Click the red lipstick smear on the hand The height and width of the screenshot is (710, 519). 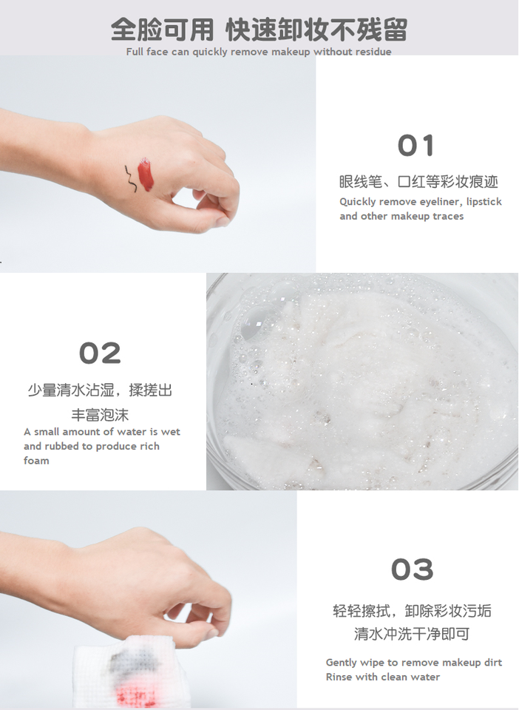point(146,175)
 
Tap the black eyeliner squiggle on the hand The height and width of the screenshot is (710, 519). point(130,179)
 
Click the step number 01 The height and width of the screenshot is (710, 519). point(415,146)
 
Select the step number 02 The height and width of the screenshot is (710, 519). point(100,354)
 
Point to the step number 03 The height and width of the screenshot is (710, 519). point(413,569)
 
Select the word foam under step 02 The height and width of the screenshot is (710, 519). point(36,461)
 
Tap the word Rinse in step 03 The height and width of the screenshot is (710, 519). point(339,677)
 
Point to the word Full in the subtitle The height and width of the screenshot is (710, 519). point(135,52)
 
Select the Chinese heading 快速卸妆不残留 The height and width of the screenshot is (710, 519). point(316,30)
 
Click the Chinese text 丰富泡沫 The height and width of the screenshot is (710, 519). point(100,415)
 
